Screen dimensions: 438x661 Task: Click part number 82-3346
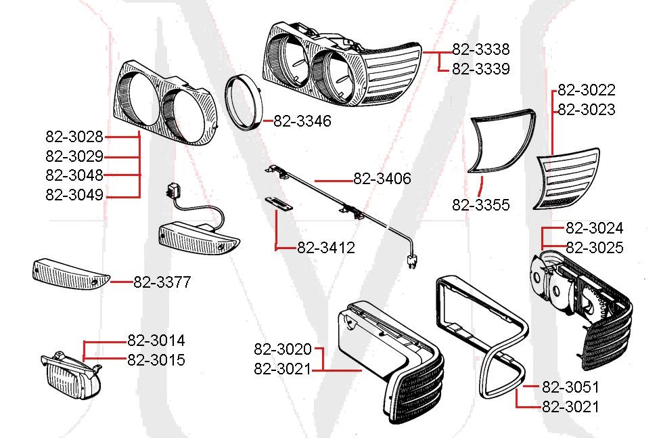(x=302, y=122)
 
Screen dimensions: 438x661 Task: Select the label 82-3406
(x=382, y=179)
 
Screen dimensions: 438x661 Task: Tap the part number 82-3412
(x=325, y=248)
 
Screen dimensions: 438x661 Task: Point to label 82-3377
(x=162, y=282)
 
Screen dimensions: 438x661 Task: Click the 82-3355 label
(x=481, y=205)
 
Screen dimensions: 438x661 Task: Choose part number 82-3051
(x=570, y=387)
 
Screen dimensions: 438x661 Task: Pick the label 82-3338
(x=480, y=49)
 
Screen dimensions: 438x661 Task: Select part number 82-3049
(x=74, y=196)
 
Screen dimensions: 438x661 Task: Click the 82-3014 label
(x=156, y=341)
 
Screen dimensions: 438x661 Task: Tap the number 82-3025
(x=594, y=248)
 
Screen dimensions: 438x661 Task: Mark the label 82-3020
(x=283, y=349)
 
